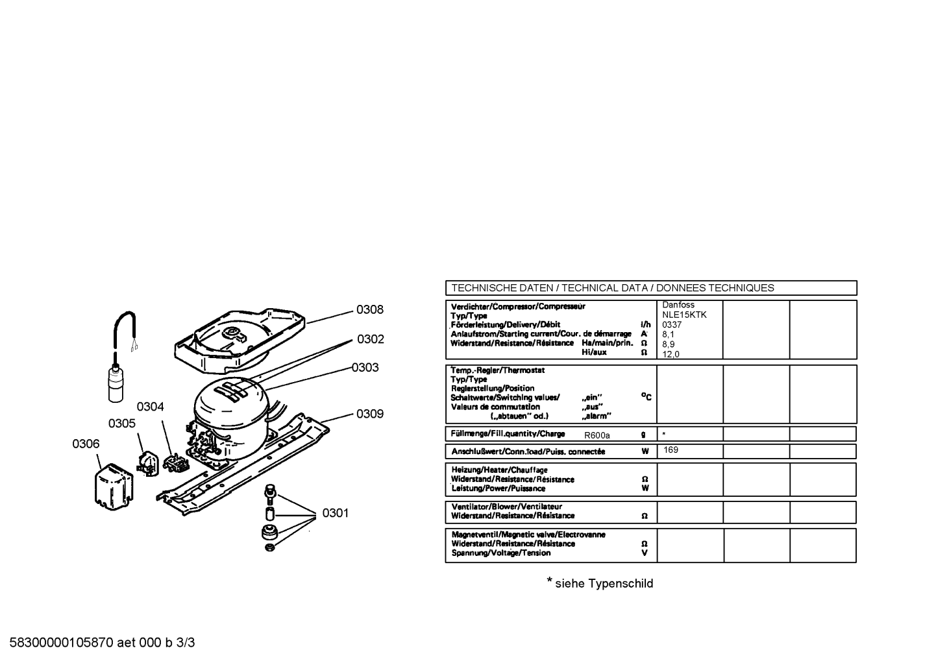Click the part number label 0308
[370, 309]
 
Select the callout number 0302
[370, 339]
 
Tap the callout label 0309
[370, 414]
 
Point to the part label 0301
[335, 512]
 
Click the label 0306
[86, 444]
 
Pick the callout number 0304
[151, 406]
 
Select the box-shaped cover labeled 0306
[114, 487]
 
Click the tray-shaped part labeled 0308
[240, 341]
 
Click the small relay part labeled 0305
[147, 464]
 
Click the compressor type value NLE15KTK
[684, 315]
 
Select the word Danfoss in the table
[678, 305]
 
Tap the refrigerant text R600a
[597, 435]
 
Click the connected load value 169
[671, 450]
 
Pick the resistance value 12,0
[671, 355]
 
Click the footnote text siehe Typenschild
[604, 583]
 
